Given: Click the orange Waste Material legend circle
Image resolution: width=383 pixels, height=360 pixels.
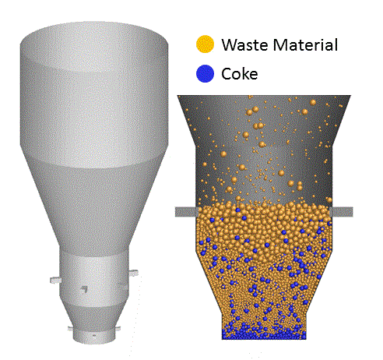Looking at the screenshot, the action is click(x=205, y=44).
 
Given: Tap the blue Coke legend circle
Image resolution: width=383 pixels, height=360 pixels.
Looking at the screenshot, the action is click(x=205, y=73).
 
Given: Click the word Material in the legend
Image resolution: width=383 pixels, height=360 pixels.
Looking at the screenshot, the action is click(x=305, y=44).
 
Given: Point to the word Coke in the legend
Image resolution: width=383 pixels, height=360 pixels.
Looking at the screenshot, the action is click(x=240, y=74).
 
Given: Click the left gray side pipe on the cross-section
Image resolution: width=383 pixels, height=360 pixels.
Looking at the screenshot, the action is click(x=187, y=212).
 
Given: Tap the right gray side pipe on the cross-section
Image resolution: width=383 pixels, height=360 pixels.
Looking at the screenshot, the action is click(x=341, y=212).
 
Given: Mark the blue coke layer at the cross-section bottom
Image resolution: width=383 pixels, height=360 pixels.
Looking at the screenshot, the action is click(x=264, y=335).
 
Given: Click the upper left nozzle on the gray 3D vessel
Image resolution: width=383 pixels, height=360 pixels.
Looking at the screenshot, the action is click(x=55, y=280).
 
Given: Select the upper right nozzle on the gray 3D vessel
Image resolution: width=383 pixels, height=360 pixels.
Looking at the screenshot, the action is click(x=133, y=273).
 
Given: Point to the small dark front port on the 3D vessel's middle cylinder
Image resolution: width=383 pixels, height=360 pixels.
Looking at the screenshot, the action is click(x=84, y=289).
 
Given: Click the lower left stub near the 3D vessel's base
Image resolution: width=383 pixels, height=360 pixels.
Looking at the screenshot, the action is click(x=71, y=329).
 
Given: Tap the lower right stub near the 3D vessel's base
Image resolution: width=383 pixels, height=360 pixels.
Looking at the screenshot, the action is click(x=118, y=328).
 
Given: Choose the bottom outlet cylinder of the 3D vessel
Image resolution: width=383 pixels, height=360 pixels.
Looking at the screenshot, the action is click(x=94, y=337).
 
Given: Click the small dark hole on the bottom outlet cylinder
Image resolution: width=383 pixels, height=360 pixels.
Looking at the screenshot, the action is click(x=94, y=336).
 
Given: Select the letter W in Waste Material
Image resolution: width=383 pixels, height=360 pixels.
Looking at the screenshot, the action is click(x=229, y=45).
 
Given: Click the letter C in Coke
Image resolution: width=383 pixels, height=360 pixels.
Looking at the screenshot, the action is click(x=227, y=74).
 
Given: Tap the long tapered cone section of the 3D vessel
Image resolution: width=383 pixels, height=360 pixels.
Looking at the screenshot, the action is click(x=94, y=208).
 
